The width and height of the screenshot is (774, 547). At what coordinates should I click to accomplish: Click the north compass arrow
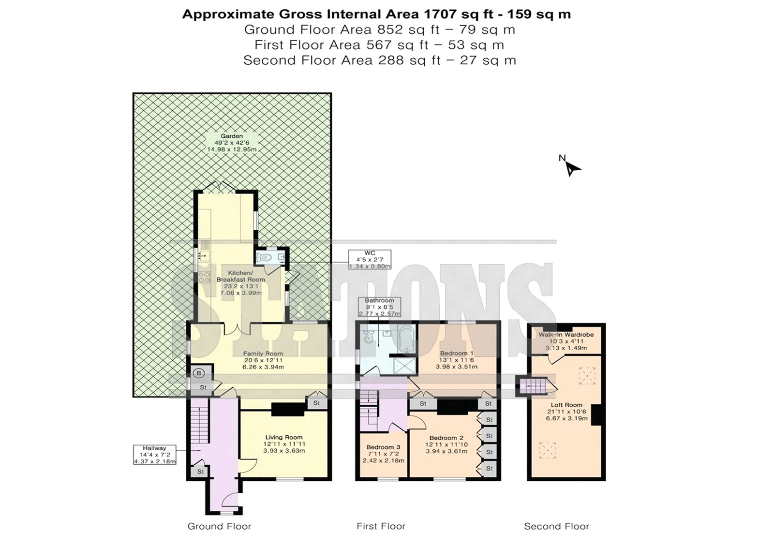click(x=573, y=169)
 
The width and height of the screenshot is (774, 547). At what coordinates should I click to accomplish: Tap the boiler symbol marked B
click(x=199, y=373)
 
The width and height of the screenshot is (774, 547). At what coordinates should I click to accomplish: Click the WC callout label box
click(x=370, y=260)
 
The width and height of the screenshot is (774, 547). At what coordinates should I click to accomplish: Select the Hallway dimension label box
click(x=155, y=455)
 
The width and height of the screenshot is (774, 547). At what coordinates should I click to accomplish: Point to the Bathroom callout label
click(x=379, y=307)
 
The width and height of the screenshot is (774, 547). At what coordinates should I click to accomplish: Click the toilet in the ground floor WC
click(x=264, y=257)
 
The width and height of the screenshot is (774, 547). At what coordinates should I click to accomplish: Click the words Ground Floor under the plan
click(x=220, y=526)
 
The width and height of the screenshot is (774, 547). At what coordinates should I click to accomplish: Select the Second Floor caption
click(x=556, y=526)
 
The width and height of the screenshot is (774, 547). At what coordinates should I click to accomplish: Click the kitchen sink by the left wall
click(x=204, y=256)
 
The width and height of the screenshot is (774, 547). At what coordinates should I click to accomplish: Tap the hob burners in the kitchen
click(x=204, y=277)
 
